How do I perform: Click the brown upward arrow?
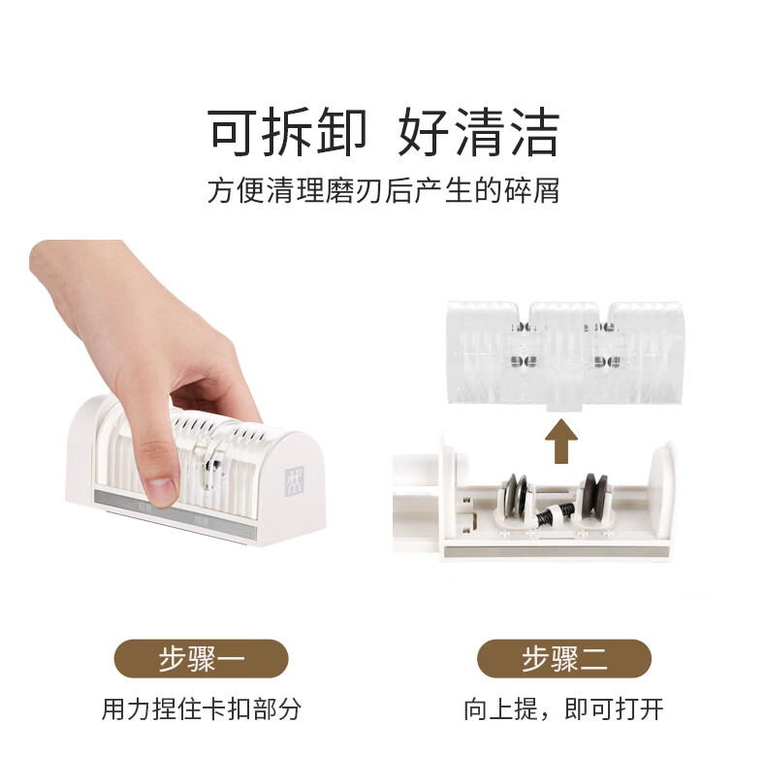point(561,441)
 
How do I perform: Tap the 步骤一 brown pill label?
point(202,658)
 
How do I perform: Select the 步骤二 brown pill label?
point(564,658)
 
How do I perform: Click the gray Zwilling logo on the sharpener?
point(294,480)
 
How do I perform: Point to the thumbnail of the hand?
point(161,490)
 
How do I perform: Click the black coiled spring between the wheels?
point(555,513)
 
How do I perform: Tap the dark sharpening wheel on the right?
point(594,494)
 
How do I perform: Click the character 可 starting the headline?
point(233,132)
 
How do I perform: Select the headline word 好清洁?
point(479,132)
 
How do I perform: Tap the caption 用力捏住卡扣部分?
point(202,708)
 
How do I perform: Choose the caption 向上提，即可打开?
point(563,708)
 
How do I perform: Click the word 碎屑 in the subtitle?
point(531,190)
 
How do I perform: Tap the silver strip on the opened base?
point(557,552)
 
